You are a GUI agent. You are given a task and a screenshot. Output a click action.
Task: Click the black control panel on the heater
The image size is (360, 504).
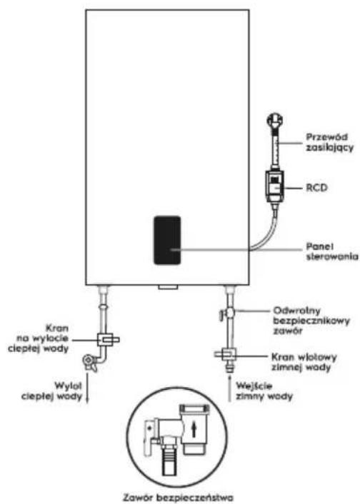click(x=167, y=240)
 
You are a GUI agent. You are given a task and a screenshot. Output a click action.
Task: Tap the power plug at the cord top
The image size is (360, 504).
click(x=275, y=122)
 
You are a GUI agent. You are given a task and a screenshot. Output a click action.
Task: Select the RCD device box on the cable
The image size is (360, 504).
click(x=274, y=186)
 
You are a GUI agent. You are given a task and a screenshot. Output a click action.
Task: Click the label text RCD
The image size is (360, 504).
click(x=316, y=187)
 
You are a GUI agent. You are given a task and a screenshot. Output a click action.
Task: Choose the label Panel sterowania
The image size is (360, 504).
click(x=332, y=252)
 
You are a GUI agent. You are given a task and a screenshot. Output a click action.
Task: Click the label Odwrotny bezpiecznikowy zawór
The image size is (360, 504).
click(x=311, y=321)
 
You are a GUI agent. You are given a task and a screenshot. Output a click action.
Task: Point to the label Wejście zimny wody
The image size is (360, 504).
click(x=264, y=391)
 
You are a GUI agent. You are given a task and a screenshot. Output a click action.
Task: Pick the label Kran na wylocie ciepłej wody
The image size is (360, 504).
click(x=42, y=338)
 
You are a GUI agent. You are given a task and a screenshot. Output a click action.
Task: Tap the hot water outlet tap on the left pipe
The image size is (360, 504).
click(x=108, y=339)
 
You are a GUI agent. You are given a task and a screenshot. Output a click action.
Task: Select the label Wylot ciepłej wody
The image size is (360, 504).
click(x=52, y=390)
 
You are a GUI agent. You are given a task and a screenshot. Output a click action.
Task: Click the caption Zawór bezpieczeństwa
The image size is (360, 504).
click(x=178, y=498)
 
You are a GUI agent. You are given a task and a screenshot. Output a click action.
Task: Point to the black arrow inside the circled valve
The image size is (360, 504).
click(x=194, y=430)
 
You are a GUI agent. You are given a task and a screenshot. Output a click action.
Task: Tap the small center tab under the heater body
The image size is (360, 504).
click(x=168, y=287)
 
